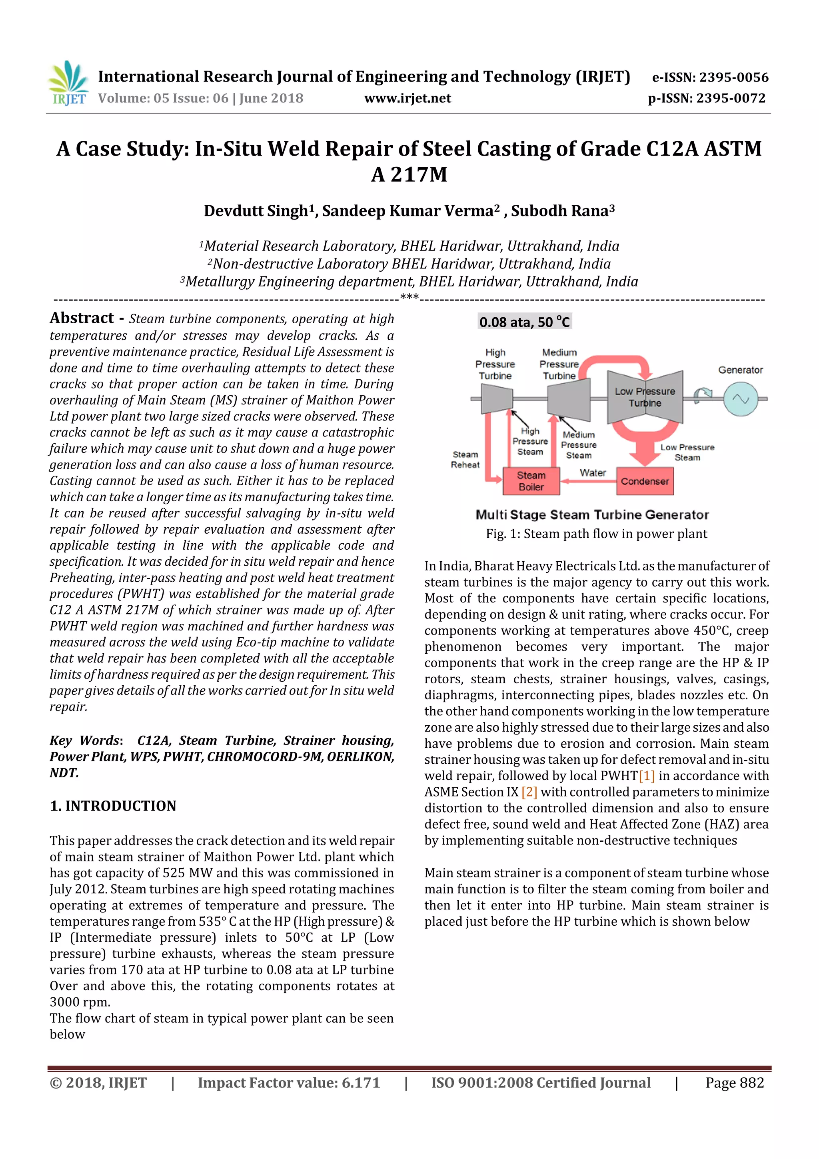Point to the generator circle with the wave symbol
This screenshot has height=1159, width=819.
click(740, 399)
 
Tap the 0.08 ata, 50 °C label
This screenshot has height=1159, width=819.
click(524, 322)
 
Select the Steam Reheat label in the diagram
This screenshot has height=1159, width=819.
click(465, 459)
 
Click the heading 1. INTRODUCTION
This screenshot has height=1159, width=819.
click(113, 806)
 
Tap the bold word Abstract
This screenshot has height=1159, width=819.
click(82, 318)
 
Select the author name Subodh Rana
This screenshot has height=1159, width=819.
click(562, 210)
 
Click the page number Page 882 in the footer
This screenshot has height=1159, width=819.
click(734, 1082)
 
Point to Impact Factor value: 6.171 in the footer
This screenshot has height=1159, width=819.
click(289, 1082)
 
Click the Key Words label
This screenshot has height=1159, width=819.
click(85, 740)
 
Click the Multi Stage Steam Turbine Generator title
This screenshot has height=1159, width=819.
click(592, 514)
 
